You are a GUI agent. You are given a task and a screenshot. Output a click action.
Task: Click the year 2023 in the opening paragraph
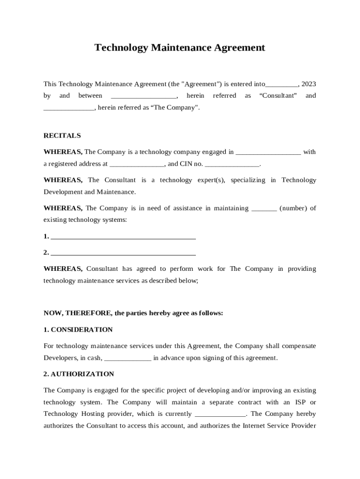(309, 84)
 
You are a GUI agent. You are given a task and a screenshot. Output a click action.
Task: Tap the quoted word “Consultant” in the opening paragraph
(278, 96)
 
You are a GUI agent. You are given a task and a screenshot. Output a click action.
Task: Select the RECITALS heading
(62, 136)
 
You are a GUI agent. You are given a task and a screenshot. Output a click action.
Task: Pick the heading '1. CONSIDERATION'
(78, 330)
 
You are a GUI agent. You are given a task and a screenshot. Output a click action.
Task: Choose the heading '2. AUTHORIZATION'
(79, 374)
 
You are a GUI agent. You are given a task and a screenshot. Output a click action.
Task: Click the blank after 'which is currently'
(220, 414)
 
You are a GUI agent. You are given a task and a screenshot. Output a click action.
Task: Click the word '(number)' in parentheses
(293, 208)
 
